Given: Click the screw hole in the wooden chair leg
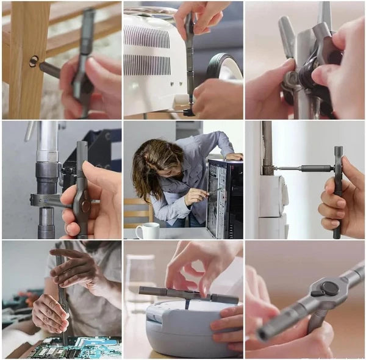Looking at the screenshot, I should (x=33, y=61).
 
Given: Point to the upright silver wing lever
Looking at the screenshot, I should (x=287, y=36).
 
